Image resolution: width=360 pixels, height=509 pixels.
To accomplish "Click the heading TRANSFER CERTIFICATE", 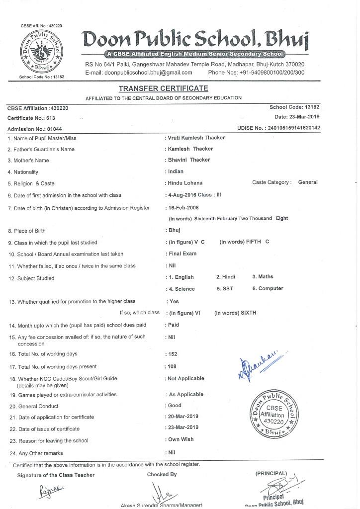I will pos(163,88).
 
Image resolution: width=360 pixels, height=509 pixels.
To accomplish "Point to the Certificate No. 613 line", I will pos(31,118).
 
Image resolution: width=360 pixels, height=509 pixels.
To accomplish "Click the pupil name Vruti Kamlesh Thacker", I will pos(196,138).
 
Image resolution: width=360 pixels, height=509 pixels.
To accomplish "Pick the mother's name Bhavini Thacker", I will pos(189,160).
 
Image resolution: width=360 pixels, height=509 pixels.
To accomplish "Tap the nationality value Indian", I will pos(176,171).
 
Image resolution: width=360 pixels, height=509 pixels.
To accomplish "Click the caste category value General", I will pos(308,182).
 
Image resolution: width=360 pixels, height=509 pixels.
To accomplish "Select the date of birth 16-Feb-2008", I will pos(184,207).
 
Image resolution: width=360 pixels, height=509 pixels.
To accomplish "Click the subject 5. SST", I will pos(225,288).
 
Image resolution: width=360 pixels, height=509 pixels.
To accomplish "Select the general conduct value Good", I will pos(175,406).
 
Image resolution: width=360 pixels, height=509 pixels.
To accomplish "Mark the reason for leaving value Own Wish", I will pos(181,439).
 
